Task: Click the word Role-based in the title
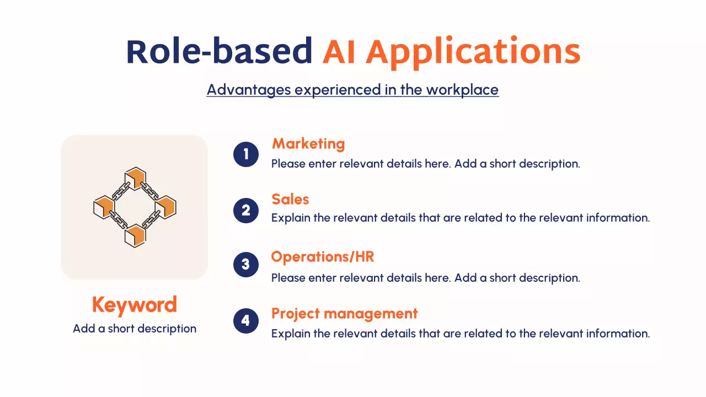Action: click(220, 51)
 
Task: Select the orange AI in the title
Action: click(339, 52)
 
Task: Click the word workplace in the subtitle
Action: click(462, 90)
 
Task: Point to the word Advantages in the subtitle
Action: click(249, 90)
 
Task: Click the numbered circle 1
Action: click(246, 154)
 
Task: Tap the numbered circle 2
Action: click(246, 211)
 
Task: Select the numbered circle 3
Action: click(246, 264)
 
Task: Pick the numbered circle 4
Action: click(246, 321)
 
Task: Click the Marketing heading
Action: click(308, 144)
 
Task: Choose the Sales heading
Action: click(290, 199)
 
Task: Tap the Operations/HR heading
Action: click(323, 256)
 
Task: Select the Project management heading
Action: click(345, 314)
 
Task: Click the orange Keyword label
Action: click(135, 305)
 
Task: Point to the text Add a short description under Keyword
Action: click(135, 329)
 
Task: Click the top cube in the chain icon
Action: click(136, 178)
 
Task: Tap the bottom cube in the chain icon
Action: click(135, 235)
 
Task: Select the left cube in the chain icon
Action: click(104, 207)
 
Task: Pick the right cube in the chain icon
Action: click(166, 207)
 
